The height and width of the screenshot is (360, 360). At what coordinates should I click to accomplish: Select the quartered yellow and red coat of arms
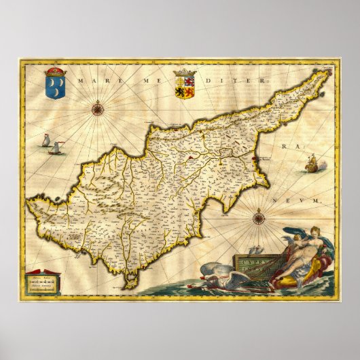(184, 87)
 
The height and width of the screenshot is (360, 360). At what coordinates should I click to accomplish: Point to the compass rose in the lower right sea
(259, 219)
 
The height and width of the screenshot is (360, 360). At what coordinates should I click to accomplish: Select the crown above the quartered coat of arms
(184, 73)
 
